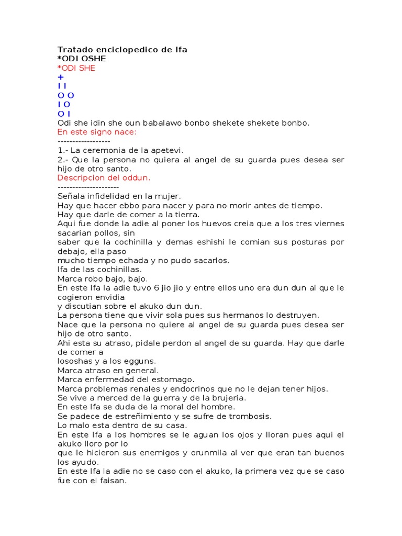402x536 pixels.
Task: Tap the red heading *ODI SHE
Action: point(76,68)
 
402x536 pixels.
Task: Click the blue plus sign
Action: point(60,77)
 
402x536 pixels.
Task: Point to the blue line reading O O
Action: point(65,95)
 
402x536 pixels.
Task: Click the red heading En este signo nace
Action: point(96,132)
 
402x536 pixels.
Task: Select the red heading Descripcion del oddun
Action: point(104,177)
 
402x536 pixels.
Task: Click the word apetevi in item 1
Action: point(167,150)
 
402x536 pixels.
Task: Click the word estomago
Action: point(172,379)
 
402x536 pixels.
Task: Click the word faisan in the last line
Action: point(113,481)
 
